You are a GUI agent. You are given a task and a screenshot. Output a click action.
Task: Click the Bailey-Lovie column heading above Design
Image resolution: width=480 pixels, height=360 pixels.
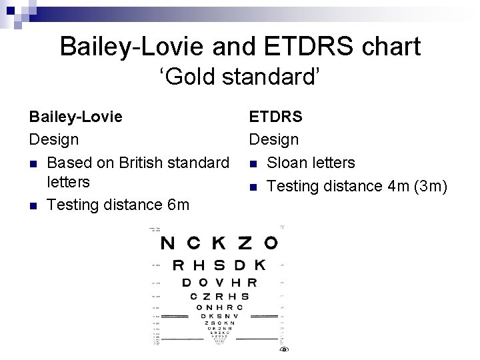(x=75, y=117)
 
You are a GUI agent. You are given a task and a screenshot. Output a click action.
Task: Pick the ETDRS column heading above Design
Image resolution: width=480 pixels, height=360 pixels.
(x=275, y=117)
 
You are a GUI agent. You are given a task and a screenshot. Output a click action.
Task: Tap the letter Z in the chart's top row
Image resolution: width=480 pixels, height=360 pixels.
(x=245, y=243)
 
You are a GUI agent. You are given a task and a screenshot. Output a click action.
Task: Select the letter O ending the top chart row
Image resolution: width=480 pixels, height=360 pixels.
(x=271, y=243)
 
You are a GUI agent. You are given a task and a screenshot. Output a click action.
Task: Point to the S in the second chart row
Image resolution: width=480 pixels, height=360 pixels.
(x=219, y=265)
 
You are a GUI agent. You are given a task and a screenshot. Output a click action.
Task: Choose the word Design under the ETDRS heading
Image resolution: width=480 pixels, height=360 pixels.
(x=273, y=140)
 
